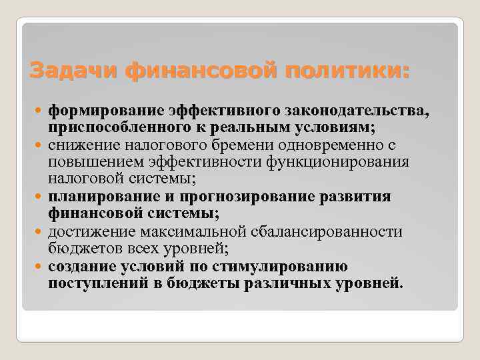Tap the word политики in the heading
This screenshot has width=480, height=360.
[x=347, y=70]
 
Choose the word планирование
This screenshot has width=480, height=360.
[x=97, y=197]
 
